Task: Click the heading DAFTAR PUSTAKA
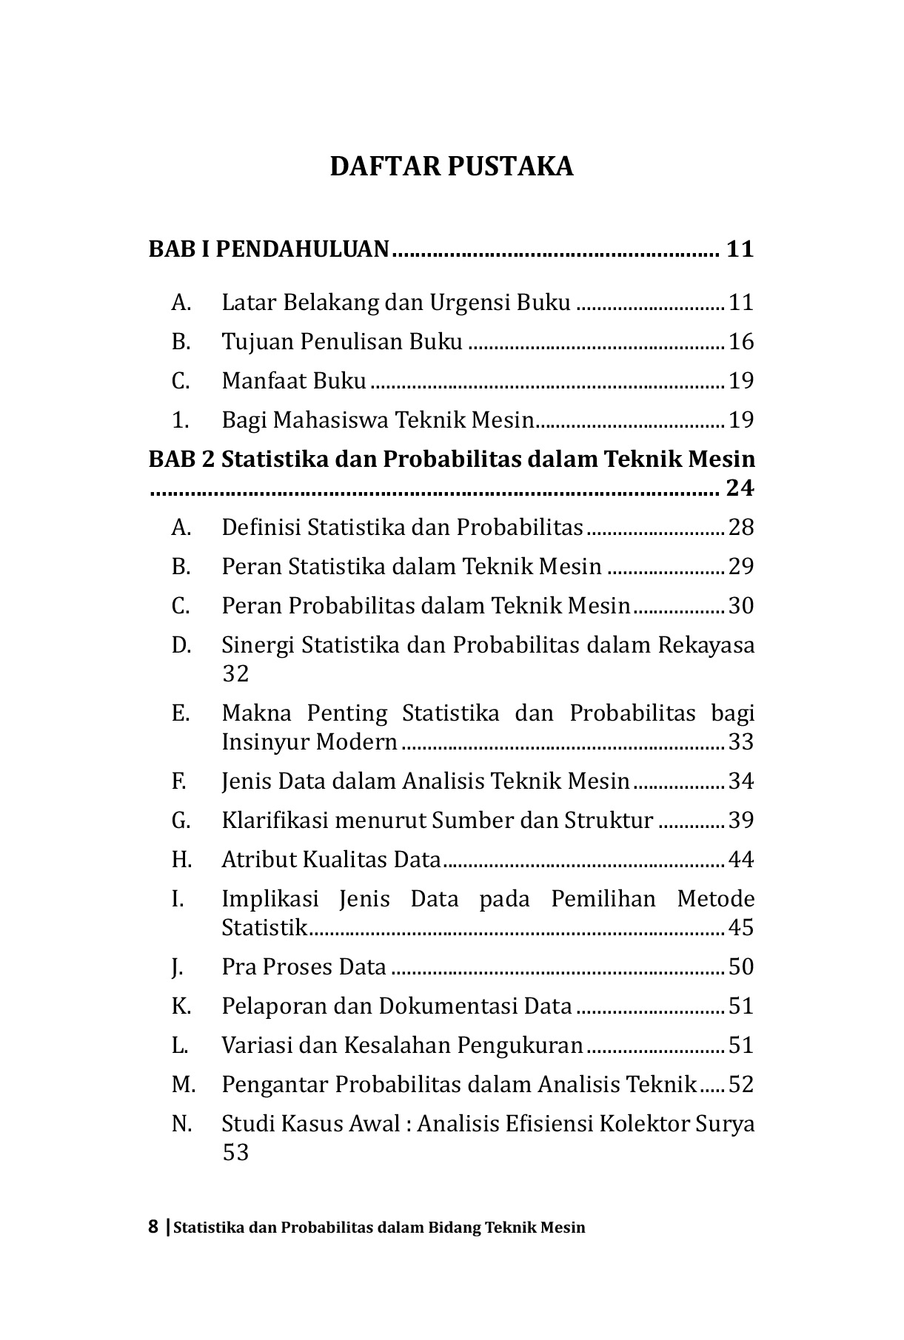451,166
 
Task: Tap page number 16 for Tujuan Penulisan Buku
740,342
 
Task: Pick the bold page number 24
740,488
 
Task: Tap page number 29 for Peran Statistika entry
740,567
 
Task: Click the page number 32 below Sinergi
235,674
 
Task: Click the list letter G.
181,821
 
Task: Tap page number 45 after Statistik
740,928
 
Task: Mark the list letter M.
183,1085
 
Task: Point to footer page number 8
153,1228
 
